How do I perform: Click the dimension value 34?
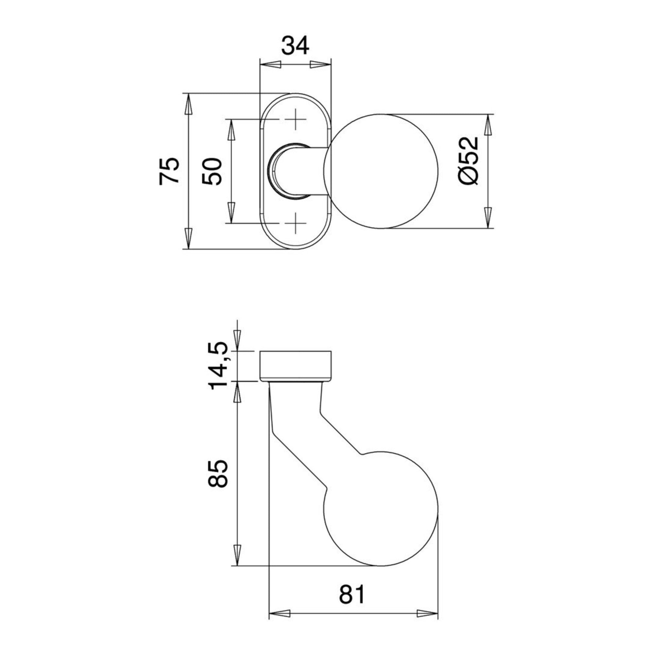[295, 46]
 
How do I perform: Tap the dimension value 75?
[169, 171]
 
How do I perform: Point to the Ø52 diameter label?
[469, 161]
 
